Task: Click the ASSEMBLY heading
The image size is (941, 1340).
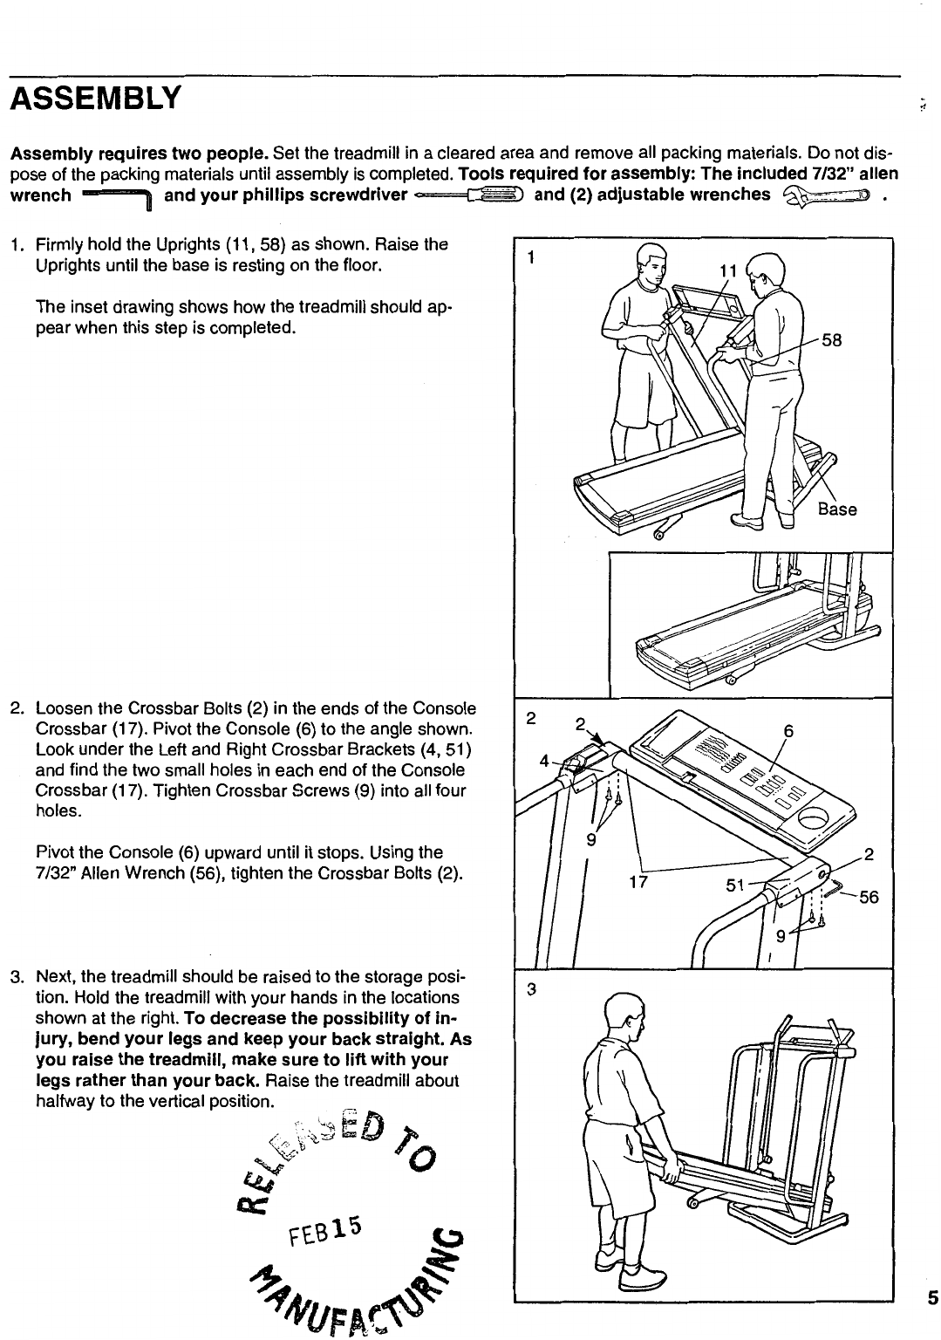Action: point(95,98)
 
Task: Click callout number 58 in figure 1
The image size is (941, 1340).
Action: point(832,341)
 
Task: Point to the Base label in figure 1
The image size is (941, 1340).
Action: point(837,509)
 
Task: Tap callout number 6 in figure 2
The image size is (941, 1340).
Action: point(788,733)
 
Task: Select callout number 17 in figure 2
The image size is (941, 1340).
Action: point(638,881)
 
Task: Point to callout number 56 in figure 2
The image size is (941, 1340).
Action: point(868,897)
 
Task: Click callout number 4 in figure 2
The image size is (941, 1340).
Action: point(543,761)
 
